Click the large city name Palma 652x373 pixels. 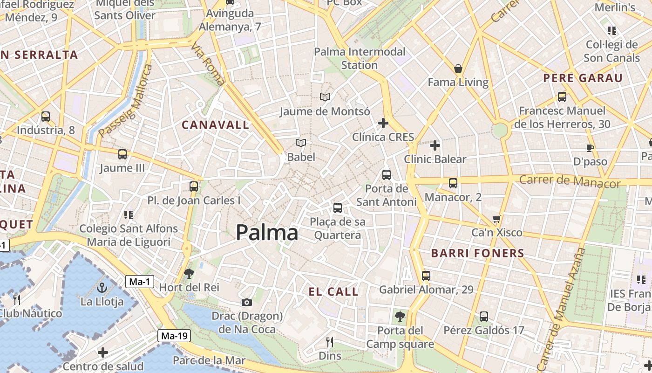tap(267, 232)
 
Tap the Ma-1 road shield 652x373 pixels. tap(140, 282)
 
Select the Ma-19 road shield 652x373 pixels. tap(175, 335)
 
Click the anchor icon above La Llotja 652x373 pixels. tap(102, 287)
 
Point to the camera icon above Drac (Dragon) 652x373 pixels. tap(247, 303)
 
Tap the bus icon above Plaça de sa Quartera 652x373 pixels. tap(338, 207)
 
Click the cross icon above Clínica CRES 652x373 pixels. tap(383, 123)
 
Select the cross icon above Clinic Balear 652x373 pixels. tap(435, 145)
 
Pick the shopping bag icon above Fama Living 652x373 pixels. tap(458, 69)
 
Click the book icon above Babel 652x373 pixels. tap(301, 143)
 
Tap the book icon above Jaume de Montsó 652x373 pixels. tap(325, 97)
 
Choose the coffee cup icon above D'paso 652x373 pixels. tap(590, 148)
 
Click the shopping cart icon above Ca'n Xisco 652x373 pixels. tap(497, 219)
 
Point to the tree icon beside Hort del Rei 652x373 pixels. tap(189, 274)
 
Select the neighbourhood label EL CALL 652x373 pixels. tap(333, 292)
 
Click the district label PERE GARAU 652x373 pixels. tap(583, 78)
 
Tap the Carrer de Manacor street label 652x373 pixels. tap(570, 181)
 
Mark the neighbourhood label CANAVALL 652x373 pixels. tap(215, 125)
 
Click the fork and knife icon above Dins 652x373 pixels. tap(330, 342)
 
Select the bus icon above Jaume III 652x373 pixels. tap(122, 154)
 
